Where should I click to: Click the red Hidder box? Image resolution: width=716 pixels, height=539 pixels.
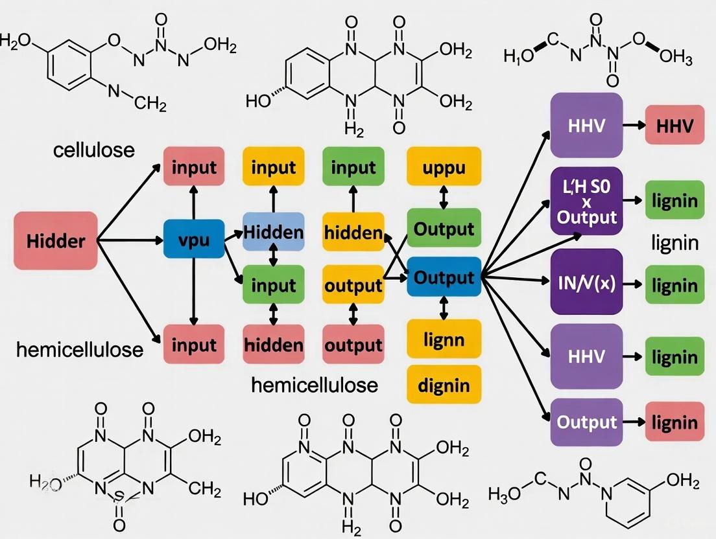tap(56, 242)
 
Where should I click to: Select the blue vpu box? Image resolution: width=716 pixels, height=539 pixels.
tap(194, 240)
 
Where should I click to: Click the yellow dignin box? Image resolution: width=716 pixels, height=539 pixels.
tap(444, 385)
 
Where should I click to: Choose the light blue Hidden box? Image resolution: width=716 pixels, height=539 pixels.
tap(273, 231)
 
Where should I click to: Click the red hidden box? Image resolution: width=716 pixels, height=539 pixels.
tap(273, 344)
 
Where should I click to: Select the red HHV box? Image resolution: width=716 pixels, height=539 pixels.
tap(674, 124)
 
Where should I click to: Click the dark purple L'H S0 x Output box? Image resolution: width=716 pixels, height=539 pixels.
tap(586, 201)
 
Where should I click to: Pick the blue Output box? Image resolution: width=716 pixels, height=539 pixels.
tap(444, 277)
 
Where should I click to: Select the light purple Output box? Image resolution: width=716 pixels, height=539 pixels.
tap(586, 422)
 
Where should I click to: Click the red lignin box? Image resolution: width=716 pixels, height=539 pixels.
tap(674, 422)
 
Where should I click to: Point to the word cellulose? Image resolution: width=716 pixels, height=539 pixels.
tap(94, 150)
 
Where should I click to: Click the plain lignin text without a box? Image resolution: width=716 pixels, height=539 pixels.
tap(674, 243)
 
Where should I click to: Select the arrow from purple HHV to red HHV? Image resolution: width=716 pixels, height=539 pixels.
tap(634, 124)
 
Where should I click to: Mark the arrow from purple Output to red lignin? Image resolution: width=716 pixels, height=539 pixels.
tap(634, 422)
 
